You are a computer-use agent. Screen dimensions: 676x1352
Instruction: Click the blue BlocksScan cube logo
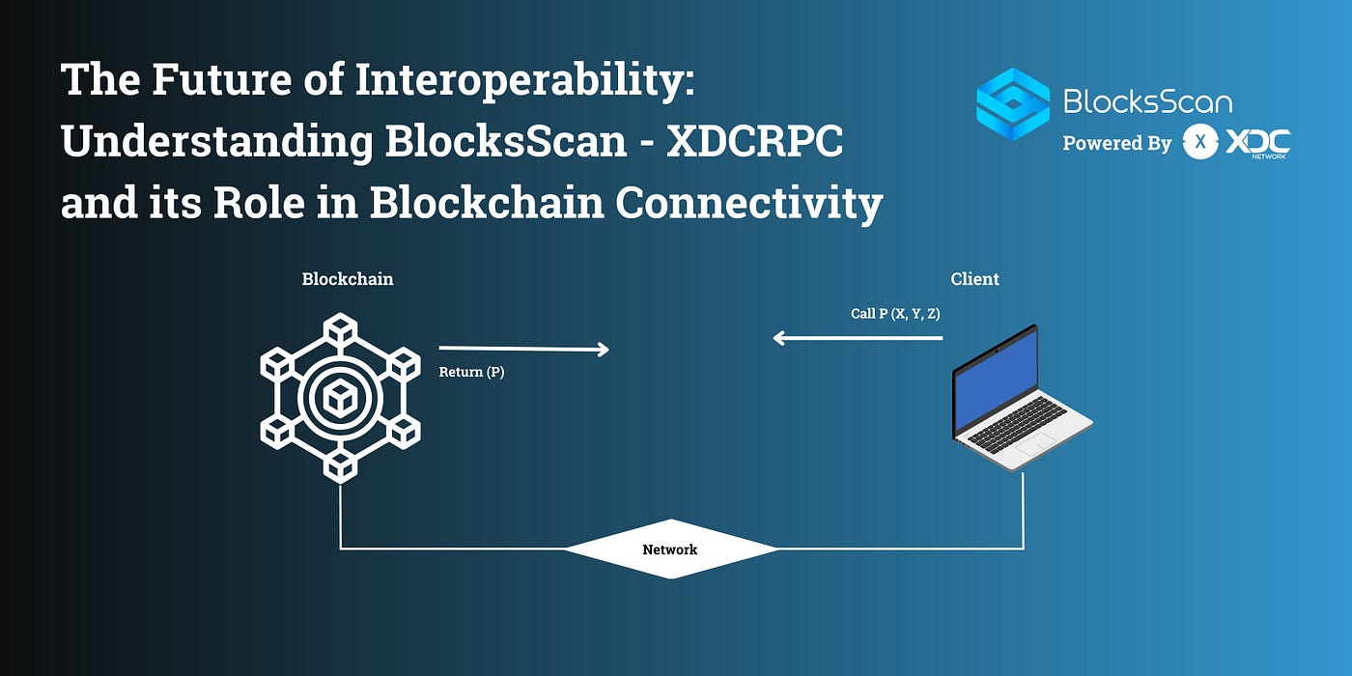(x=1012, y=103)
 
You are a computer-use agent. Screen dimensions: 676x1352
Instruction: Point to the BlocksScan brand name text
(x=1147, y=101)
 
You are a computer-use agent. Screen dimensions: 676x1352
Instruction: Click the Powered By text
(x=1116, y=143)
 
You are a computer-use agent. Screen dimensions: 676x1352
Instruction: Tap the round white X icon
(x=1200, y=143)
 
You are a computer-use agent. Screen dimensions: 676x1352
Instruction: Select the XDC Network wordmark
(x=1257, y=143)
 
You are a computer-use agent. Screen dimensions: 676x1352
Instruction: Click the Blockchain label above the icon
(x=348, y=279)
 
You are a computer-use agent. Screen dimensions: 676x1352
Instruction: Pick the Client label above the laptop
(x=974, y=279)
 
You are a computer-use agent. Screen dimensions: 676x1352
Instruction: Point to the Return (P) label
(x=471, y=372)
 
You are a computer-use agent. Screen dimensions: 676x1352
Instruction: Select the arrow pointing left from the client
(x=858, y=338)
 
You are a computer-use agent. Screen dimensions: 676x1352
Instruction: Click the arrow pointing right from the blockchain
(x=523, y=349)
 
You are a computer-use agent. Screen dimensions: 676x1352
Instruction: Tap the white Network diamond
(x=670, y=549)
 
